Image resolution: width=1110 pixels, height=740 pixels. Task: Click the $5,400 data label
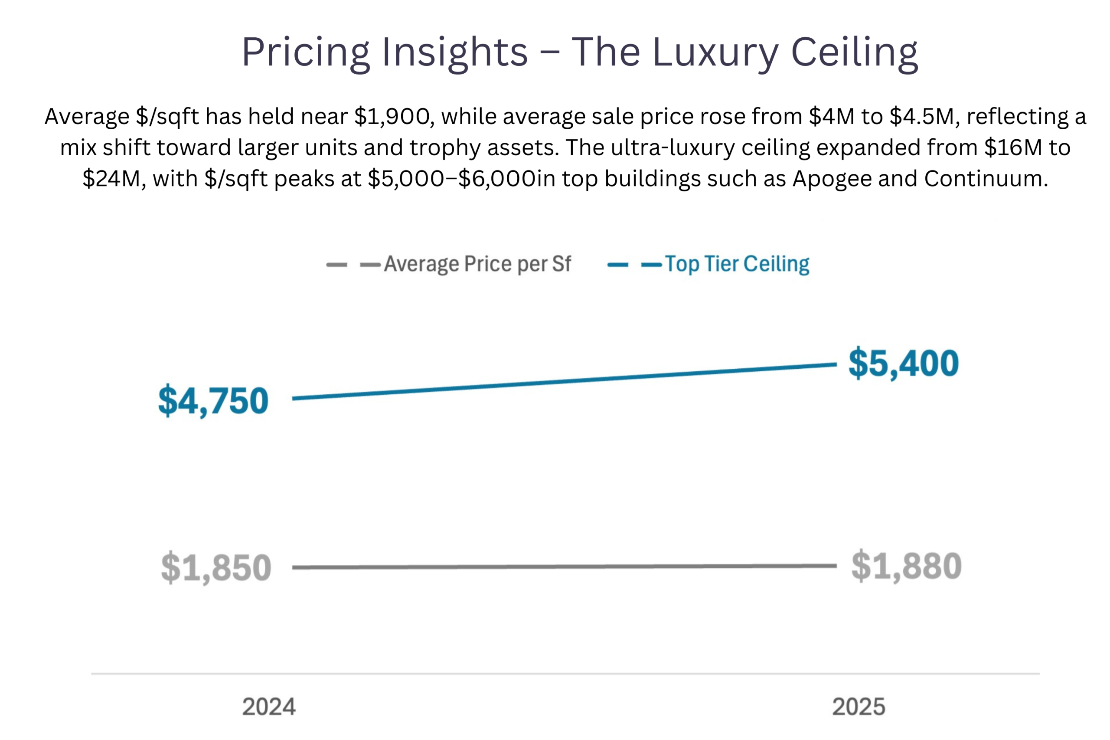[x=903, y=363]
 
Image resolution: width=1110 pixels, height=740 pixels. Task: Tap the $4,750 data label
[x=213, y=401]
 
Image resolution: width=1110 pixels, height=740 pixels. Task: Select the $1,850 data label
[x=216, y=567]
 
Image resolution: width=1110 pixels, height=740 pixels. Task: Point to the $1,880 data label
[x=906, y=566]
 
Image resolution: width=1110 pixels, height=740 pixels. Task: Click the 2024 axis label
[x=269, y=707]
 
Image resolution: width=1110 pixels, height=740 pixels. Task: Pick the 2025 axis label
[x=859, y=707]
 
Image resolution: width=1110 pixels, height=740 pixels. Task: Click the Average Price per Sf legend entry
[x=477, y=264]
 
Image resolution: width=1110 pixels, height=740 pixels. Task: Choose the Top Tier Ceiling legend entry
[x=737, y=264]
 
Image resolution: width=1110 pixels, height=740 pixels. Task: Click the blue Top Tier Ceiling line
[x=564, y=381]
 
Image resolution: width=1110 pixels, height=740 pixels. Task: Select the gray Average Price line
[x=564, y=566]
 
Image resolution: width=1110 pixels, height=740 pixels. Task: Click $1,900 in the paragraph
[x=392, y=117]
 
